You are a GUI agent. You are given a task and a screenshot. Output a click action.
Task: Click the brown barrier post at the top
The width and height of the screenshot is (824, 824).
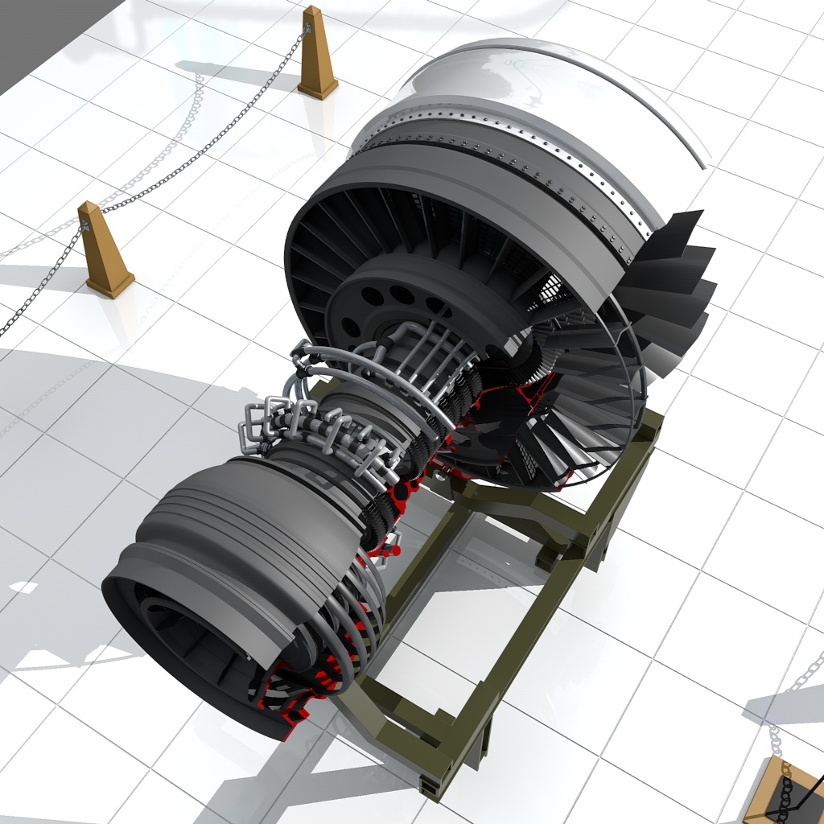point(316,56)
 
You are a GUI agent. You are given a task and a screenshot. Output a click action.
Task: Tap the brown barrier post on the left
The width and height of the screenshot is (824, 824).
point(102,249)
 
